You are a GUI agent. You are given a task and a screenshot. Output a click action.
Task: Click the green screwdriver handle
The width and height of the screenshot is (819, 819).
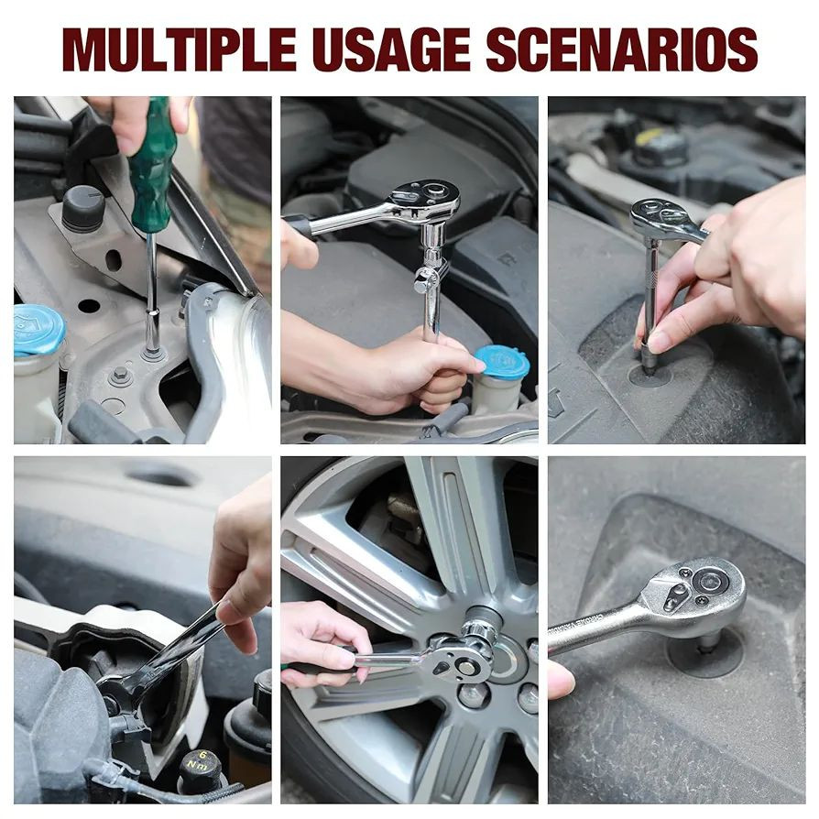point(150,167)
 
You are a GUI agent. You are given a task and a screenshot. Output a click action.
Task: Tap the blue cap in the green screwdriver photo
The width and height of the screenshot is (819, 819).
point(38,330)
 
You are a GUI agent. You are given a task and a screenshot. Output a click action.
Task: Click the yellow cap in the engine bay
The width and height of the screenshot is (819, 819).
point(650,139)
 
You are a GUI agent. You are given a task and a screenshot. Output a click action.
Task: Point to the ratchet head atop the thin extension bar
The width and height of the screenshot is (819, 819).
point(662,218)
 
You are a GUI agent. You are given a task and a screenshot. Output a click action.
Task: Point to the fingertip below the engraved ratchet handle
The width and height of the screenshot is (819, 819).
point(561,679)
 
